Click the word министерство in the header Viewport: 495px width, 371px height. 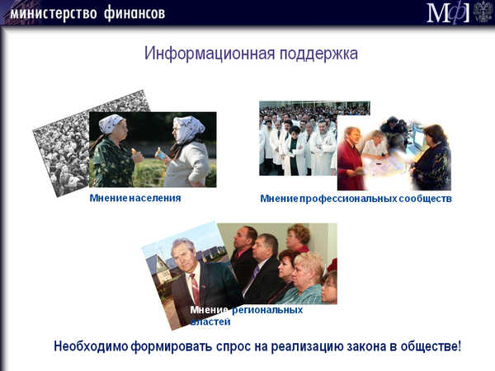point(54,13)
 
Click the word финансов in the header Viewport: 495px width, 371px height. point(134,14)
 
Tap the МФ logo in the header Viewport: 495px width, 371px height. point(448,12)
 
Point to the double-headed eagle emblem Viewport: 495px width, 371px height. point(483,12)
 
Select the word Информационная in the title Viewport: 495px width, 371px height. point(210,54)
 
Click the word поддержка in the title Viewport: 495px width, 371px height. point(318,54)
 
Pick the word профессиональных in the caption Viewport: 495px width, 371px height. point(348,199)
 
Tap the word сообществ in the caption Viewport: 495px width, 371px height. point(425,199)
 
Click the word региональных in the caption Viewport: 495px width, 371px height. point(267,310)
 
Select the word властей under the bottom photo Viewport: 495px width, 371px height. point(210,322)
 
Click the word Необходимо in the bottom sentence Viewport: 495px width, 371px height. point(91,346)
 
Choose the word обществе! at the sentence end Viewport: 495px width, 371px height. point(431,346)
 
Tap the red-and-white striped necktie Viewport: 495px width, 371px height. point(195,289)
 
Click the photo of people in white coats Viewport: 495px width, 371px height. point(299,139)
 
